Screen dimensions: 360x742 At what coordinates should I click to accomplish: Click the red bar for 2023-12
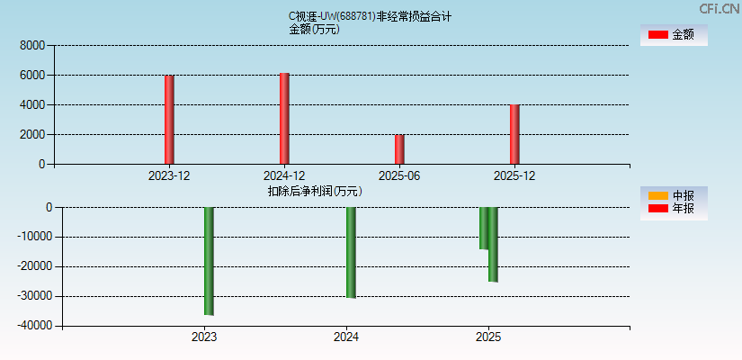click(169, 119)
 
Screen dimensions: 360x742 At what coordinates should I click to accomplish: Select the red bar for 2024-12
click(284, 118)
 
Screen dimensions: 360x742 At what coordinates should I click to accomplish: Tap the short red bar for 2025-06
click(399, 149)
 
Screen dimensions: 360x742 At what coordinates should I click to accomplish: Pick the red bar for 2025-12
click(514, 134)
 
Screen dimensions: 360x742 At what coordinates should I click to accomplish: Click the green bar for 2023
click(209, 261)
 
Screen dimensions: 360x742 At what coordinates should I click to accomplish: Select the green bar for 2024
click(351, 252)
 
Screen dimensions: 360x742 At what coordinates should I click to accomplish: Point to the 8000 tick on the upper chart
click(32, 45)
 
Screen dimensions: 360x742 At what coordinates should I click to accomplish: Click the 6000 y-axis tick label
click(32, 76)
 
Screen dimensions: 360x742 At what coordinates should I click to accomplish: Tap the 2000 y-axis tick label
click(32, 135)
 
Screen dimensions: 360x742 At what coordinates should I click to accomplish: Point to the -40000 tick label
click(32, 326)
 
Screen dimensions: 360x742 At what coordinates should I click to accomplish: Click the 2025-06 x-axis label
click(399, 175)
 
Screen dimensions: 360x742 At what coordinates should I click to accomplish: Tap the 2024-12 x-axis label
click(284, 175)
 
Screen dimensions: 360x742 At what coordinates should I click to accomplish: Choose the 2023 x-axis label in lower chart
click(204, 337)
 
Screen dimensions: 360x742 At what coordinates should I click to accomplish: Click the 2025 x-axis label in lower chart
click(488, 337)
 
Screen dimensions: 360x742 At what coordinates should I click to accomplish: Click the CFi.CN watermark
click(720, 8)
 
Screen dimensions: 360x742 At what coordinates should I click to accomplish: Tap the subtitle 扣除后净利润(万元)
click(315, 191)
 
